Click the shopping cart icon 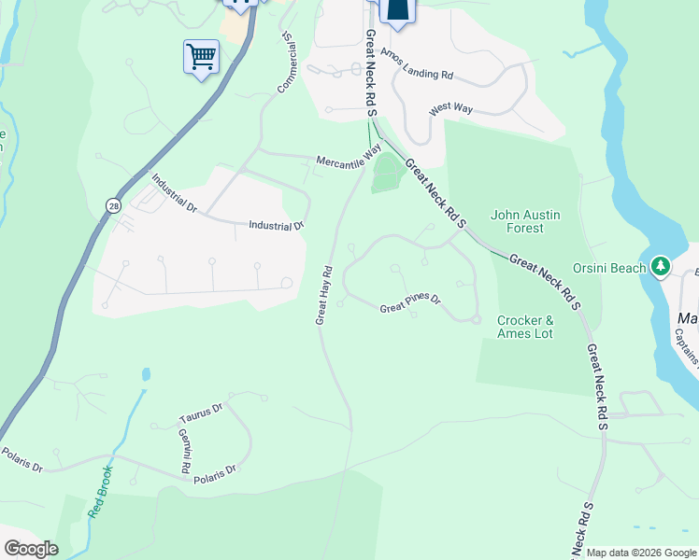[201, 57]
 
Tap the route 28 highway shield [113, 205]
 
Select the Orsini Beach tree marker [662, 268]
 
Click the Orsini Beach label [609, 268]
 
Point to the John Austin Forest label [525, 221]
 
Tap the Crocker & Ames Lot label [525, 327]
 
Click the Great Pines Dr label [409, 308]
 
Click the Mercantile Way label [348, 154]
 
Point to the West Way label [450, 109]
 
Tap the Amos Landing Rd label [421, 75]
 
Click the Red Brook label [101, 492]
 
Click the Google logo [31, 549]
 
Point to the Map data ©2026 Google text [641, 553]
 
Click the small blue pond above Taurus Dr [147, 375]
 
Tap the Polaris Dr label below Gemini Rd [215, 475]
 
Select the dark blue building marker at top [397, 9]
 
